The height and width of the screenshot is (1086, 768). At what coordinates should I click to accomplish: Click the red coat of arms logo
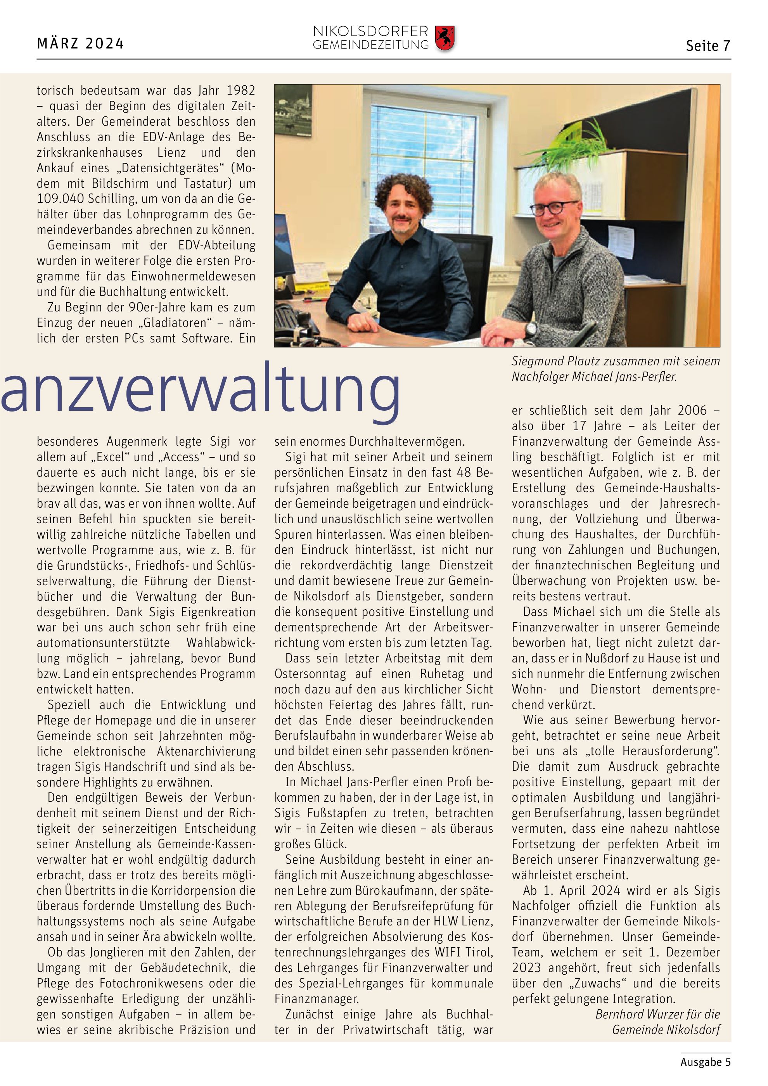coord(445,38)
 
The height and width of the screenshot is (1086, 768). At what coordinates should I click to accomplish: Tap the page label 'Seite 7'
coord(707,46)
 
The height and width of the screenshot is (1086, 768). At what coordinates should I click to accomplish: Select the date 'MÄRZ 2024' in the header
coord(80,44)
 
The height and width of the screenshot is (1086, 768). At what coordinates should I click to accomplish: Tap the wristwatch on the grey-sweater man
coord(531,328)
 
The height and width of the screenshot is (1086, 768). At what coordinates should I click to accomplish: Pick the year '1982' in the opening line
coord(240,90)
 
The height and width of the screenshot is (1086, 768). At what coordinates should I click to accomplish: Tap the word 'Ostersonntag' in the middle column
coord(310,674)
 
